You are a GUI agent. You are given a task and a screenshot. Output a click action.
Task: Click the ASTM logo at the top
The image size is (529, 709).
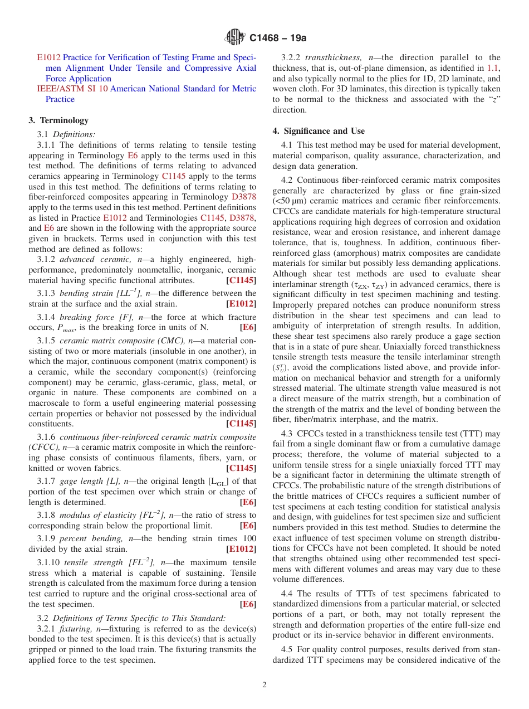coord(234,37)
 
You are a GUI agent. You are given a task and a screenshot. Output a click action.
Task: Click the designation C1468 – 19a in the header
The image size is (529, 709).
coord(278,38)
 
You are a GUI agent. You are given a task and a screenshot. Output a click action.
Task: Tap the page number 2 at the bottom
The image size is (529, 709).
coord(264,685)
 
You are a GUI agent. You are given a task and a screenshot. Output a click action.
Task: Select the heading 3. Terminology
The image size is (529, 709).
coord(58,120)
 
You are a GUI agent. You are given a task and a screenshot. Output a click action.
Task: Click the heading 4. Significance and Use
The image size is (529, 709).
coord(319,131)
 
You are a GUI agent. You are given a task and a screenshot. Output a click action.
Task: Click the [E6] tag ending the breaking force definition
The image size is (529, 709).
coord(248,328)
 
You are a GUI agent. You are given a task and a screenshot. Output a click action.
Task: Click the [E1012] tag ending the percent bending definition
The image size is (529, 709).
coord(241,549)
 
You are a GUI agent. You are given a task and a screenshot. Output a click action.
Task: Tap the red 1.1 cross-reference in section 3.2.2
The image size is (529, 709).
coord(493,68)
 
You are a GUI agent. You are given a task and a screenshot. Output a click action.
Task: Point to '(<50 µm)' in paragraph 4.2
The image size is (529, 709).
coord(291,201)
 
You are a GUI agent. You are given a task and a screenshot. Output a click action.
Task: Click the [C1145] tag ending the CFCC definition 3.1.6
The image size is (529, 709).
coord(241,468)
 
